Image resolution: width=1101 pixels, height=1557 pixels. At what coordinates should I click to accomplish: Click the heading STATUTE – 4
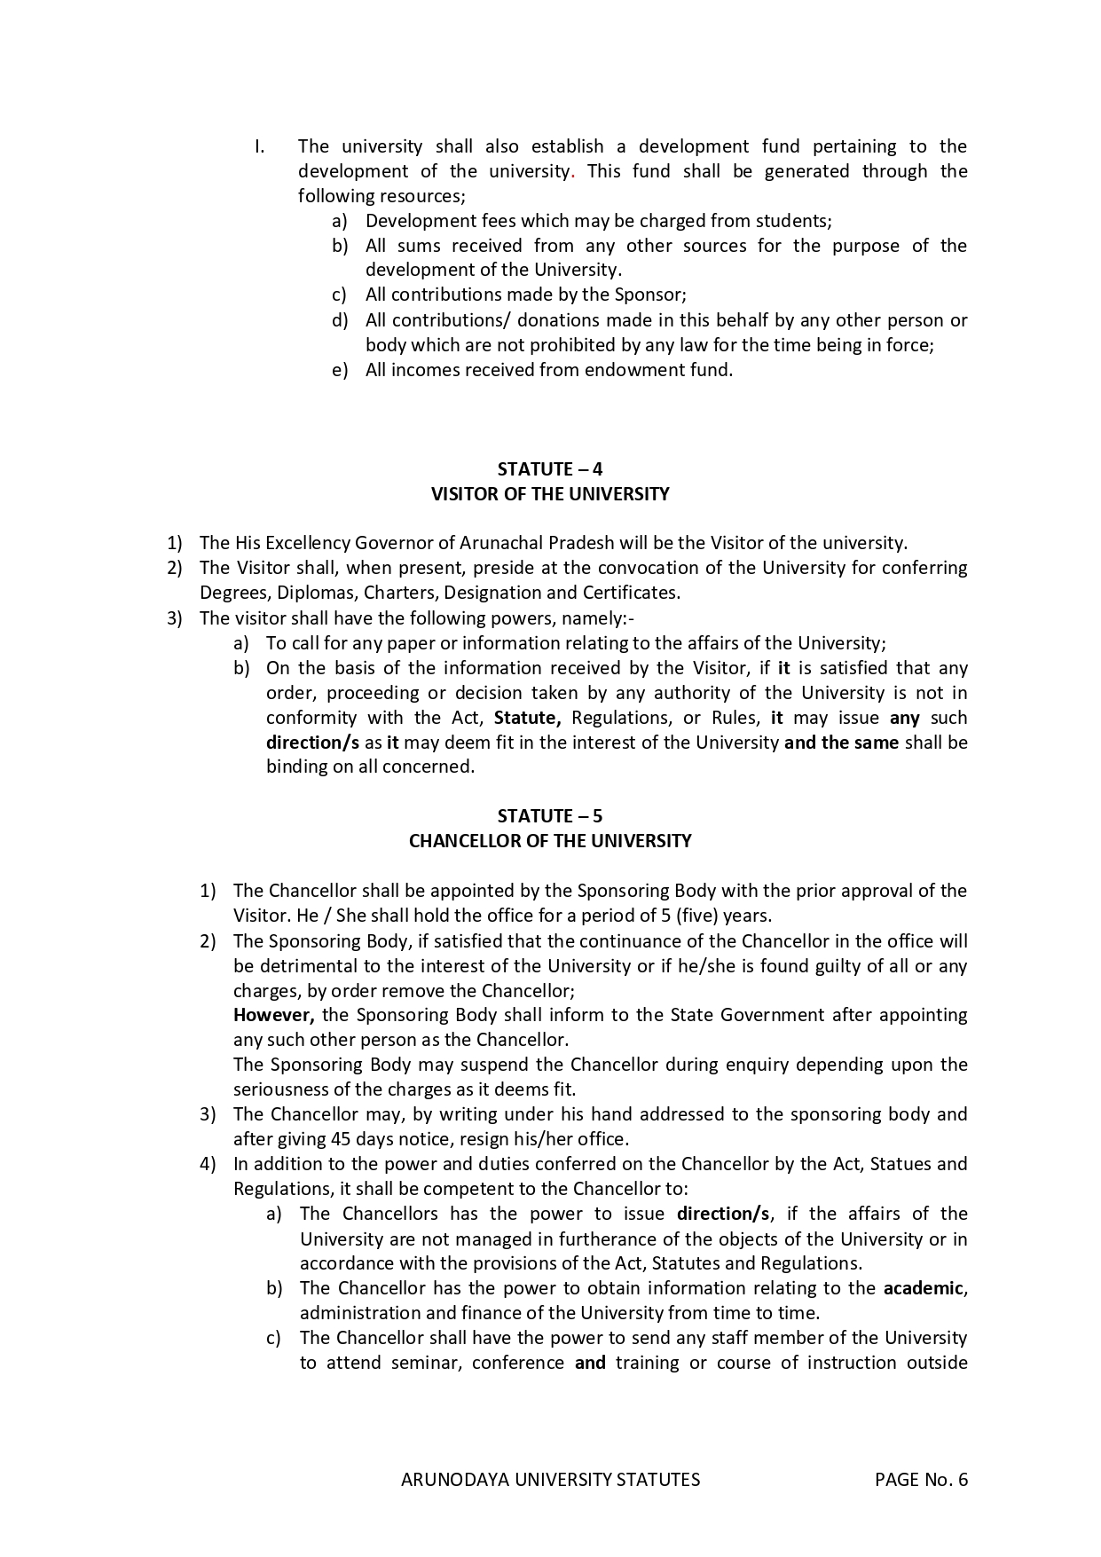pyautogui.click(x=550, y=469)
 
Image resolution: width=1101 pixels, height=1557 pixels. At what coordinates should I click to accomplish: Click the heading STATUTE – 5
pyautogui.click(x=550, y=816)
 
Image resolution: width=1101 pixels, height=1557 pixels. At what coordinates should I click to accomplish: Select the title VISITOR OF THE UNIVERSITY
pyautogui.click(x=550, y=494)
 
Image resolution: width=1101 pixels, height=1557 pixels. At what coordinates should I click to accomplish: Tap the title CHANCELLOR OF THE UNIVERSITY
pyautogui.click(x=550, y=841)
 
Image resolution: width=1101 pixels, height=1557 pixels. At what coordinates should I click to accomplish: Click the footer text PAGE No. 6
pyautogui.click(x=921, y=1480)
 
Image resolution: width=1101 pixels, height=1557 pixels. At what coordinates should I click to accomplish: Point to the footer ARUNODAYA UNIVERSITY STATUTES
pyautogui.click(x=550, y=1480)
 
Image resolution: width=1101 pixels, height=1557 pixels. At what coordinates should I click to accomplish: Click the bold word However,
pyautogui.click(x=273, y=1015)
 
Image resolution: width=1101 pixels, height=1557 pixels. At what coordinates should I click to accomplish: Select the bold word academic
pyautogui.click(x=923, y=1288)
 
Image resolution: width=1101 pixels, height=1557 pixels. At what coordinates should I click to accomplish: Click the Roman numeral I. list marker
pyautogui.click(x=260, y=146)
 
